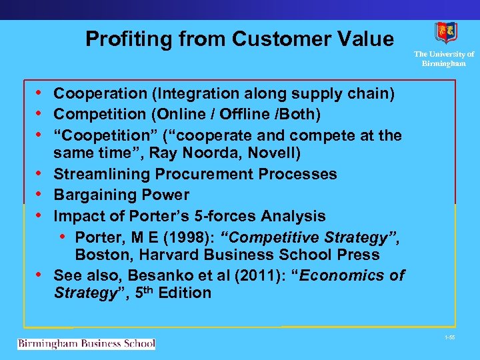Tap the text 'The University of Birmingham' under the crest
[x=444, y=59]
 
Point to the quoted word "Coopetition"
[x=103, y=136]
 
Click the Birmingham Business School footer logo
[x=86, y=344]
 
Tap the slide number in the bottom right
[x=449, y=339]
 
